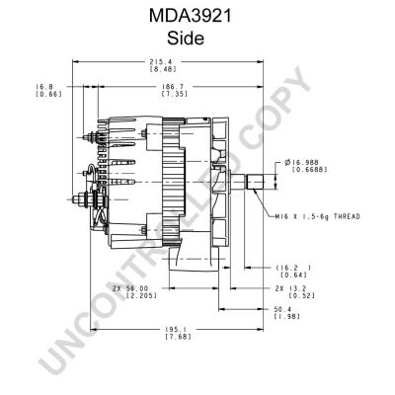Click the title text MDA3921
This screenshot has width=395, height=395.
[191, 16]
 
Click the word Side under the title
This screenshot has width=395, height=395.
[186, 38]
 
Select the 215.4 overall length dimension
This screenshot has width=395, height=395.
[163, 61]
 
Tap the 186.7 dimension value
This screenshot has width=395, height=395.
[175, 87]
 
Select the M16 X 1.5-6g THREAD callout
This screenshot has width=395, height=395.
[318, 216]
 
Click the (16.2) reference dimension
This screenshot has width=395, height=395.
[293, 268]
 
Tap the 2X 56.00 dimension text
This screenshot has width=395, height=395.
[130, 288]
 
